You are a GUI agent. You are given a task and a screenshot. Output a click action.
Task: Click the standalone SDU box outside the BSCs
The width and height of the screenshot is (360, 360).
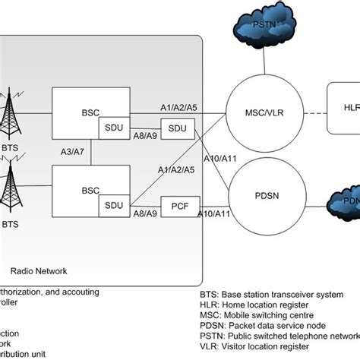click(177, 130)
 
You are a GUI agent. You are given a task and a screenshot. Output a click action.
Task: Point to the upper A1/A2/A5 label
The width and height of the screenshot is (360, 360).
click(178, 109)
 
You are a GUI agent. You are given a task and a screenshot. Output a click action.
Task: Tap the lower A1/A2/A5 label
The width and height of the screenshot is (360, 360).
click(180, 170)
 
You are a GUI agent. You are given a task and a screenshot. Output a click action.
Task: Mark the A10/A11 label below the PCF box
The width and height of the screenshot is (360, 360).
click(210, 215)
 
